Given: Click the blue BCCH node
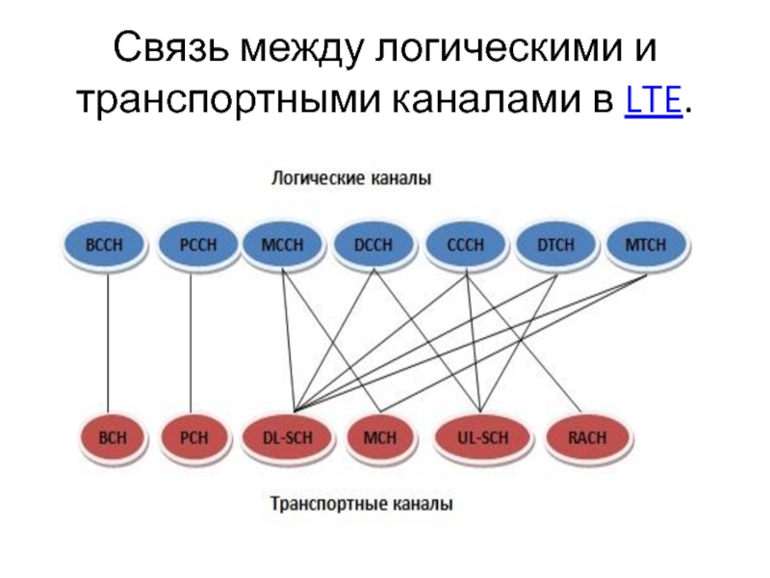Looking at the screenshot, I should coord(105,245).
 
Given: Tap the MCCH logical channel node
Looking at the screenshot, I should coord(282,245).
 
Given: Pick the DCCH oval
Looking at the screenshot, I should coord(374,245).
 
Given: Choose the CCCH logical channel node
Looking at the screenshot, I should coord(465,245).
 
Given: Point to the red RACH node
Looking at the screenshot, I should coord(588,437).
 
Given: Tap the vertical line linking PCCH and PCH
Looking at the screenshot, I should coord(191,341).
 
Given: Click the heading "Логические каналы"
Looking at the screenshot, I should coord(349,179).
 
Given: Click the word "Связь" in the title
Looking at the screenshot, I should coord(175,49).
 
